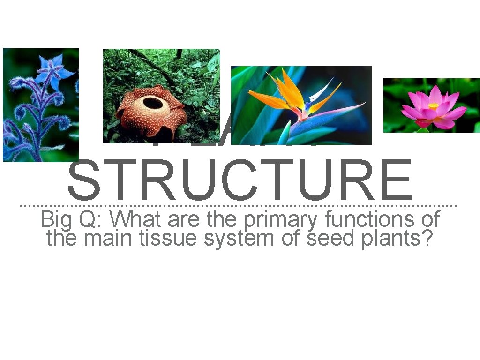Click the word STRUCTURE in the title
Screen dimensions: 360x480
tap(240, 180)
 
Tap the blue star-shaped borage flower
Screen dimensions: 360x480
tap(54, 71)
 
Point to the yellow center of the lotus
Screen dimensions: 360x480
tap(434, 106)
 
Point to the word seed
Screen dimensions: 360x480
tap(330, 238)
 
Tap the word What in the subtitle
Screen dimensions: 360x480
tap(135, 219)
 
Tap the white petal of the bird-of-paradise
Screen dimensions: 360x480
tap(323, 89)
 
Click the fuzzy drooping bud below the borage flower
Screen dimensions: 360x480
tap(21, 112)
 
